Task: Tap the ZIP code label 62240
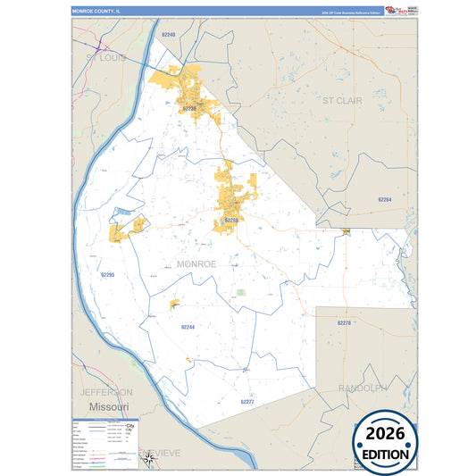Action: [x=169, y=34]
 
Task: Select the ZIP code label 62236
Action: [x=189, y=108]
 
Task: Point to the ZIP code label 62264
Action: [x=384, y=199]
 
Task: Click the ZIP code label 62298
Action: [x=230, y=219]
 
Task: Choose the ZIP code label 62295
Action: [x=108, y=275]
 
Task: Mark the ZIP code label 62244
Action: [x=188, y=328]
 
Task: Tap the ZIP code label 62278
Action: [x=345, y=322]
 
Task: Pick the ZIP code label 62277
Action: [x=247, y=402]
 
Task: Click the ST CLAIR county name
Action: [x=342, y=101]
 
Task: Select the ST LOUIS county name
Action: [x=106, y=57]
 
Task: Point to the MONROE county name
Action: [x=196, y=263]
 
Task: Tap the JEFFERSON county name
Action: [x=106, y=392]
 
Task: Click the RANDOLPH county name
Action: [x=363, y=388]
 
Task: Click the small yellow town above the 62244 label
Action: [x=175, y=305]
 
